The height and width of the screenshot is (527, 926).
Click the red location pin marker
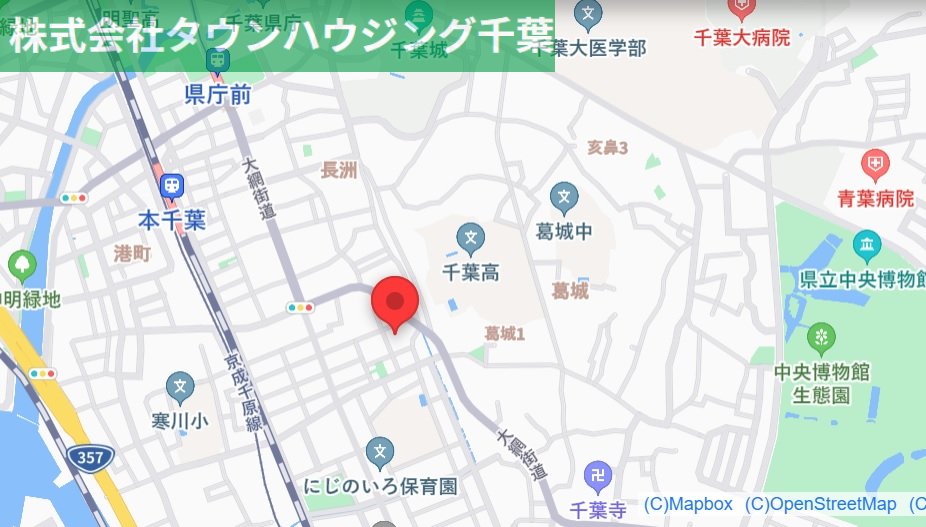coord(394,301)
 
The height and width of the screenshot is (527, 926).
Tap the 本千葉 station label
coord(173,220)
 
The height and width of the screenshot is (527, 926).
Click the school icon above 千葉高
coord(470,239)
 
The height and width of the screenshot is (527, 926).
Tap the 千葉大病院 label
coord(742,38)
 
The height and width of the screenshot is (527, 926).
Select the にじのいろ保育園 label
coord(380,487)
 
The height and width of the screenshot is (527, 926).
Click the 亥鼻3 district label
coord(607,148)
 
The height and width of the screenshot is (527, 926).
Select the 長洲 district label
coord(339,170)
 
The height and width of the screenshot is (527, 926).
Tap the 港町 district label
coord(132,254)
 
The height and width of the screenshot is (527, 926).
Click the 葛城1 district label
coord(504,333)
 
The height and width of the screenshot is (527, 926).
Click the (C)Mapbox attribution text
coord(688,504)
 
